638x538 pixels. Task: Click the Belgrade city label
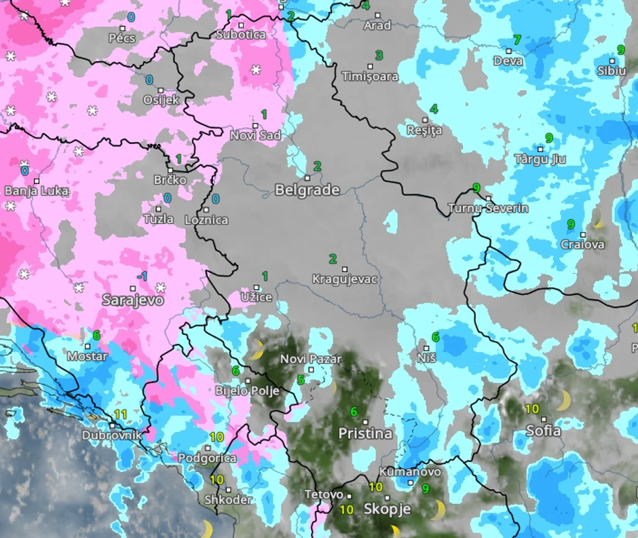click(x=307, y=190)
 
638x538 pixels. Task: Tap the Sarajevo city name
click(x=132, y=300)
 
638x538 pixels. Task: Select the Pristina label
click(x=365, y=433)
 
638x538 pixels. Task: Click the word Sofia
click(x=544, y=431)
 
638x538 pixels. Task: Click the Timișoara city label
click(x=370, y=77)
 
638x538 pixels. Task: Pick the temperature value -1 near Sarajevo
click(x=142, y=276)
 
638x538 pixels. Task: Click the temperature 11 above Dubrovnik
click(x=121, y=414)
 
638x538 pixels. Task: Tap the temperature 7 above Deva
click(x=517, y=40)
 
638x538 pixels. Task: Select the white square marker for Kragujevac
click(x=344, y=269)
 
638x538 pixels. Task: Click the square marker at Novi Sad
click(x=256, y=126)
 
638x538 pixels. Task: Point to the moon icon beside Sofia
click(x=563, y=401)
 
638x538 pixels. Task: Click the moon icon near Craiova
click(x=598, y=218)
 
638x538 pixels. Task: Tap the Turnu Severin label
click(x=488, y=209)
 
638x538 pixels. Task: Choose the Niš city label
click(x=426, y=357)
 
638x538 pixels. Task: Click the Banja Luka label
click(x=37, y=191)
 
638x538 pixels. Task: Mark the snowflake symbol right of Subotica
click(x=256, y=69)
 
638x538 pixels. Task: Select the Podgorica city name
click(x=207, y=459)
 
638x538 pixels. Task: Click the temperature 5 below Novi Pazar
click(x=301, y=380)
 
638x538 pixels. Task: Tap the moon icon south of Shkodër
click(x=206, y=528)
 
